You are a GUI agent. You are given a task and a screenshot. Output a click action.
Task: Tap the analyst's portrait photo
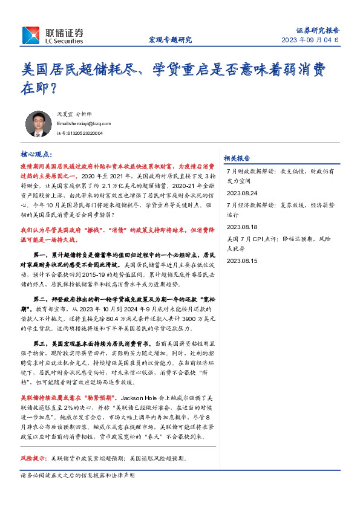[38, 123]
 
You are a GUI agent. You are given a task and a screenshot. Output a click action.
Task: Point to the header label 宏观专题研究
[170, 40]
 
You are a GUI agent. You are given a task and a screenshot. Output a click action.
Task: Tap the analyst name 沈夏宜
[64, 113]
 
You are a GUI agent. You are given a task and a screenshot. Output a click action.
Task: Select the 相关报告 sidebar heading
[237, 158]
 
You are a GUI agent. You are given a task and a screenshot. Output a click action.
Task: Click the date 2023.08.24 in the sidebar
[241, 193]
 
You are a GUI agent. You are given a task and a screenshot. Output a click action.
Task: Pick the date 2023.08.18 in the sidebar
[241, 227]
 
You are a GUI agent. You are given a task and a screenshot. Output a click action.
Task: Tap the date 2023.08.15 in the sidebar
[241, 261]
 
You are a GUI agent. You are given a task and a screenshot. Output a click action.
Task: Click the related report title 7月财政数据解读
[250, 171]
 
